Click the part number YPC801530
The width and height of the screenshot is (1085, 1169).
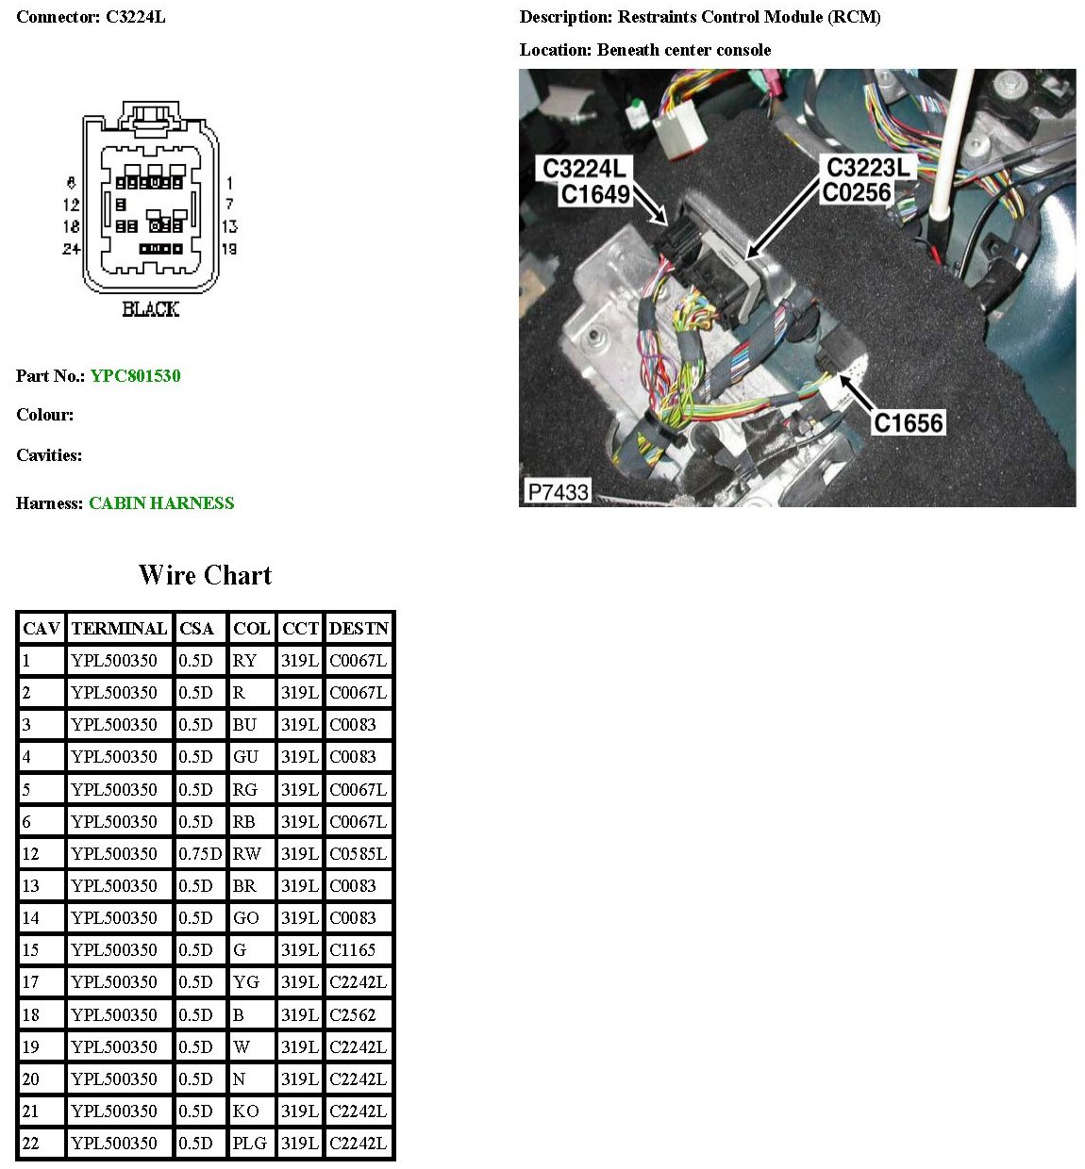click(135, 376)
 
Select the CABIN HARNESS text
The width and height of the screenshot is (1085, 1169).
click(161, 503)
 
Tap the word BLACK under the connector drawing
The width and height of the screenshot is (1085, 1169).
click(150, 309)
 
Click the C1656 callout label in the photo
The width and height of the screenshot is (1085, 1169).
click(908, 422)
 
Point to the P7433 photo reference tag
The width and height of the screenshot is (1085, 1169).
click(558, 491)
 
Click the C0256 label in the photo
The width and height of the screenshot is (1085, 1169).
click(856, 193)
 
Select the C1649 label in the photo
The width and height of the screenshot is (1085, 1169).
click(594, 194)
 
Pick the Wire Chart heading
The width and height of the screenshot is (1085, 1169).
click(205, 575)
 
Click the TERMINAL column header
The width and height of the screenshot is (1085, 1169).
click(119, 629)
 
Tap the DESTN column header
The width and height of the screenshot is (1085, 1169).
click(359, 629)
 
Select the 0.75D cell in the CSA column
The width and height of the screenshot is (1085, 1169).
click(200, 854)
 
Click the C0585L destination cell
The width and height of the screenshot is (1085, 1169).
click(358, 854)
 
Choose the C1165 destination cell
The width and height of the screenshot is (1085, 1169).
click(352, 950)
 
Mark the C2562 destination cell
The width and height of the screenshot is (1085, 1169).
click(352, 1015)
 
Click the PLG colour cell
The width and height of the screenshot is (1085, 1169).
click(250, 1144)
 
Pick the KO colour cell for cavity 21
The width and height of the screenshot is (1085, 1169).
click(245, 1111)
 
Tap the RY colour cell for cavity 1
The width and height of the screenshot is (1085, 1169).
click(244, 661)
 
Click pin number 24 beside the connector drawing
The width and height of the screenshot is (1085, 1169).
click(72, 249)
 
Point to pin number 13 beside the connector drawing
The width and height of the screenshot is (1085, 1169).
click(229, 226)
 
